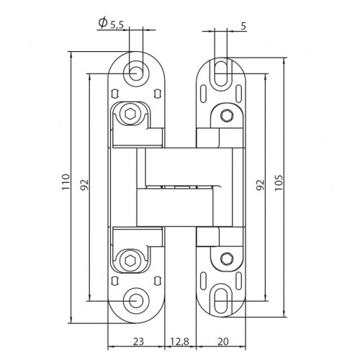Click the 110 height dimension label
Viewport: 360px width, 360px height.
pyautogui.click(x=66, y=182)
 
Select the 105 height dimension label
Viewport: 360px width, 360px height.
pyautogui.click(x=279, y=183)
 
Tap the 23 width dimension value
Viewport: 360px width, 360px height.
pyautogui.click(x=138, y=341)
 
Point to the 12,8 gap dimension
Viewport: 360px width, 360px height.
pyautogui.click(x=180, y=341)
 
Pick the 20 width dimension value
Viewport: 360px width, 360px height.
pyautogui.click(x=223, y=341)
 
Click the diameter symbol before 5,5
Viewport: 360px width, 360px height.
pyautogui.click(x=103, y=23)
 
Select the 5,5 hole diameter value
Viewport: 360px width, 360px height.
pyautogui.click(x=117, y=26)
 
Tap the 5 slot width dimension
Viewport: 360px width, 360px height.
pyautogui.click(x=243, y=26)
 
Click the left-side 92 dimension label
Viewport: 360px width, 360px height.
pyautogui.click(x=84, y=184)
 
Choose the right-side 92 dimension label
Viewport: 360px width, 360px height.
pyautogui.click(x=261, y=184)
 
